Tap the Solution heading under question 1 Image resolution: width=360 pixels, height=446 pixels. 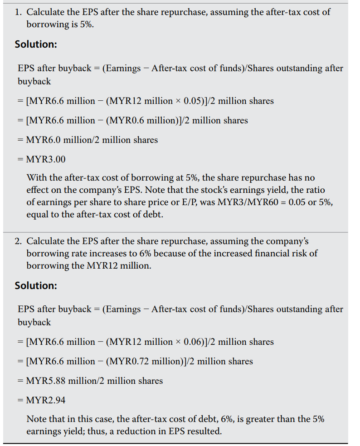click(x=36, y=44)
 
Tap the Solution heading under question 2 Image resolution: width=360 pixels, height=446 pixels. click(x=36, y=285)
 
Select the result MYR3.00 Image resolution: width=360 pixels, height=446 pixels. click(x=46, y=159)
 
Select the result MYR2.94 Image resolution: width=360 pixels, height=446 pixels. click(x=46, y=400)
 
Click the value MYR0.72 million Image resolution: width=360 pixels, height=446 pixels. click(x=138, y=361)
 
